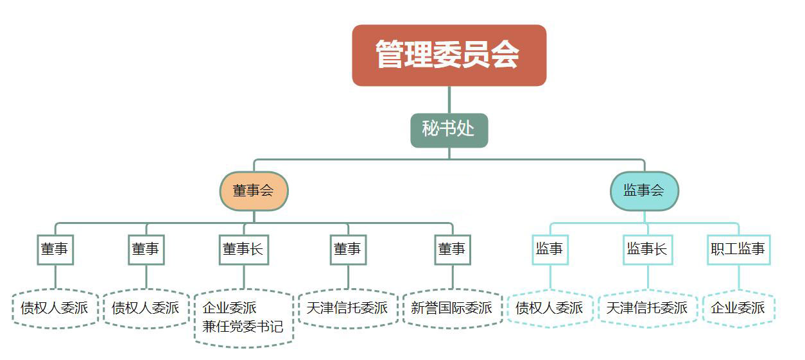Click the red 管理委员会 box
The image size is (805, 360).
[x=449, y=55]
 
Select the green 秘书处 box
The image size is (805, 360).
[x=449, y=130]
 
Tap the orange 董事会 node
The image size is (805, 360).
[x=254, y=191]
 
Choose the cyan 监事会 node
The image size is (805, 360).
[x=644, y=191]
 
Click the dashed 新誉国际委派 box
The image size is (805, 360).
[x=452, y=308]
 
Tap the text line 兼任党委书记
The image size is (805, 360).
[x=243, y=327]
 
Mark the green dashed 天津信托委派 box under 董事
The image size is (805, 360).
[x=347, y=308]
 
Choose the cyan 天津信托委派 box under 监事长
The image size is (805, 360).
[x=647, y=308]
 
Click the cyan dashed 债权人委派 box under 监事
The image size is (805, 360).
[x=550, y=308]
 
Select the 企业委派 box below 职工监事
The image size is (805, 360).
[x=738, y=308]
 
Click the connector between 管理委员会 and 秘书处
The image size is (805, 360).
[x=449, y=99]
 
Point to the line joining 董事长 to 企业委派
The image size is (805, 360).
[x=243, y=277]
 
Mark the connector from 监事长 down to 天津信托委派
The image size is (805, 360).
[x=647, y=277]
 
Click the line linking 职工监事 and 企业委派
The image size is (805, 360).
[x=738, y=277]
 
